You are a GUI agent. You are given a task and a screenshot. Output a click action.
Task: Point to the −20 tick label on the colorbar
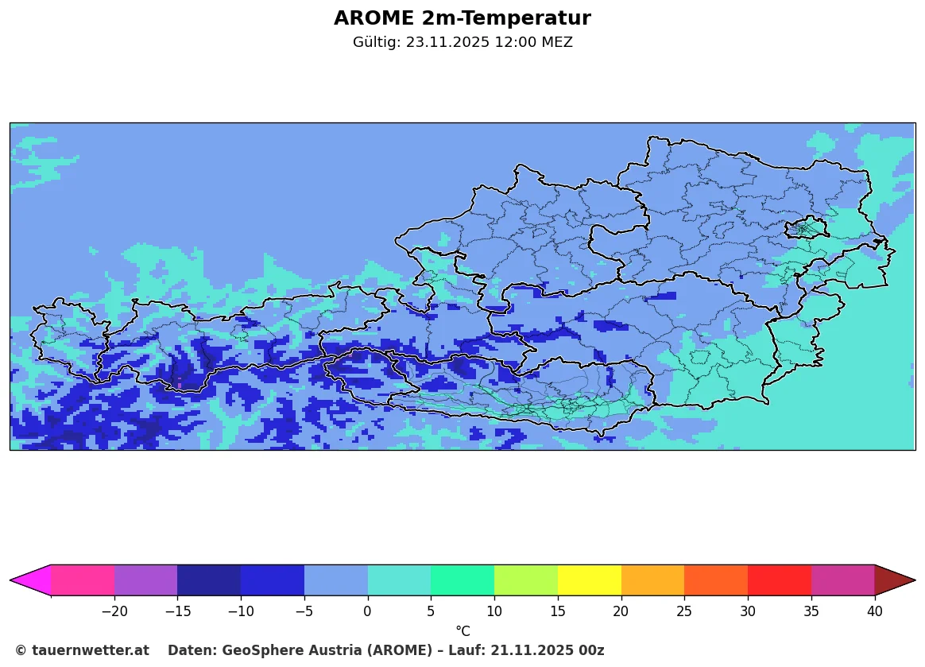[115, 611]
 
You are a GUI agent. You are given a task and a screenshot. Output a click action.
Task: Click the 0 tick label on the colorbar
[367, 611]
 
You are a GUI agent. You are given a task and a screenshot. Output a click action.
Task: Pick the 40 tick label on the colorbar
[874, 611]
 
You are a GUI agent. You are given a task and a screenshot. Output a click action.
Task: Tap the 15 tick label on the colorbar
[558, 611]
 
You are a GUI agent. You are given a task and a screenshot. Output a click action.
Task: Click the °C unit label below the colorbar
[462, 631]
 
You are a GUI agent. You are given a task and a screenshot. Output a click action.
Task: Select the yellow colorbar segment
[590, 580]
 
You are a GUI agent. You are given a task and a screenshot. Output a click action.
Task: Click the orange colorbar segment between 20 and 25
[652, 580]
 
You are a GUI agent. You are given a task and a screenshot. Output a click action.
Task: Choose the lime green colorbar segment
[526, 580]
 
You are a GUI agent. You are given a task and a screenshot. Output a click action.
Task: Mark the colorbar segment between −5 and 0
[336, 580]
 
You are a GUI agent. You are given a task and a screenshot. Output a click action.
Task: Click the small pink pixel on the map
[180, 386]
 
